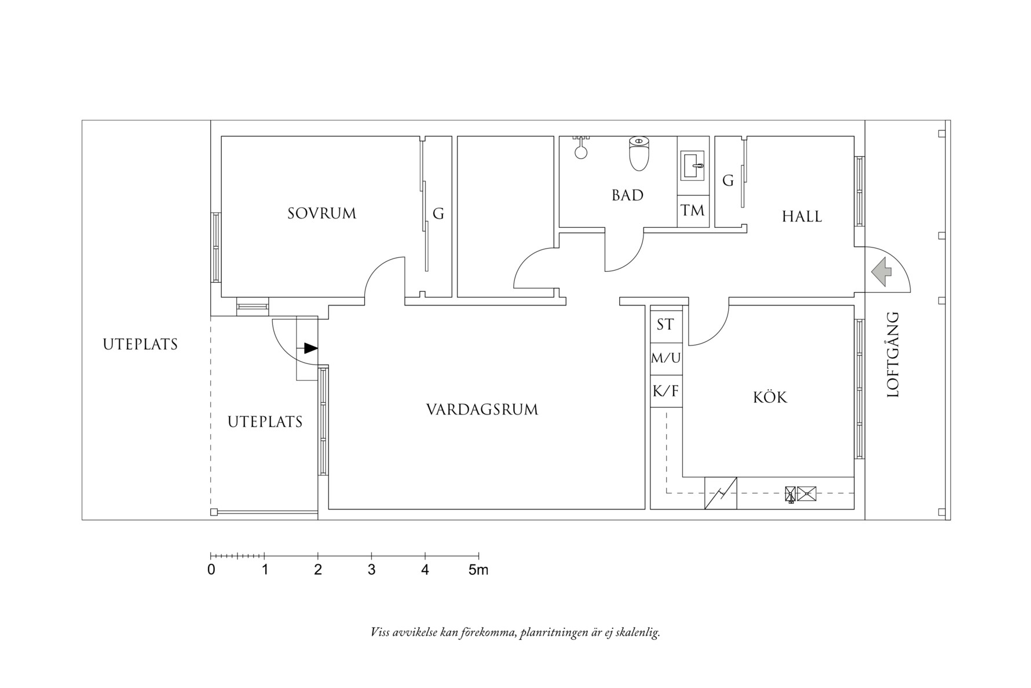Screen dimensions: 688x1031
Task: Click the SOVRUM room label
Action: click(321, 213)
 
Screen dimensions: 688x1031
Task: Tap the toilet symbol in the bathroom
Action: click(638, 154)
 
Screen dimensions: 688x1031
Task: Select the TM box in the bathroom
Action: click(693, 210)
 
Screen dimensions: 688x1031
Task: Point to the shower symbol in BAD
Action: click(580, 150)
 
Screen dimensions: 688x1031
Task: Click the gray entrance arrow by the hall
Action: click(881, 271)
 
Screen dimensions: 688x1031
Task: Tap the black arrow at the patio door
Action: click(310, 348)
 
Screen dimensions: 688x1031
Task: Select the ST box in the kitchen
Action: click(666, 325)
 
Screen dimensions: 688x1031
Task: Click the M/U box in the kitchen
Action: click(666, 358)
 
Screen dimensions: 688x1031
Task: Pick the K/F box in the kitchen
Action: click(666, 391)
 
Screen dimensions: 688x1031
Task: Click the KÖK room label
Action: click(770, 398)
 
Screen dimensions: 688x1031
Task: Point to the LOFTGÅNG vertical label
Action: click(893, 355)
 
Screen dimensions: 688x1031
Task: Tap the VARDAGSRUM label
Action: click(482, 410)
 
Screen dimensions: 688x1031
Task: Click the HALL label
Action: click(802, 217)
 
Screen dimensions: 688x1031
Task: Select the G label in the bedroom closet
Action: click(438, 214)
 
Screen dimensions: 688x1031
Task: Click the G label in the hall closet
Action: click(728, 181)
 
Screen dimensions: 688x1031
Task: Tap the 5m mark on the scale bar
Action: click(478, 570)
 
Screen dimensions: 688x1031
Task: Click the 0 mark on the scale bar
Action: click(211, 570)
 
